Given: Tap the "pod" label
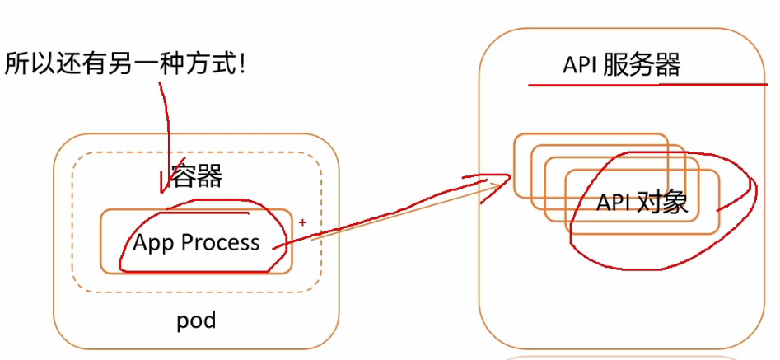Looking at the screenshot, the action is [196, 320].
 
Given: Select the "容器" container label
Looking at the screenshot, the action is [196, 175].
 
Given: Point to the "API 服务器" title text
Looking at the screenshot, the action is [621, 64].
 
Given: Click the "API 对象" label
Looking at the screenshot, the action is [642, 203].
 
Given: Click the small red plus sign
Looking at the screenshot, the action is [302, 222].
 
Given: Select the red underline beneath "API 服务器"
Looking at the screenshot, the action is [647, 85].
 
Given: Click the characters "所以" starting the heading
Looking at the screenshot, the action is [27, 64].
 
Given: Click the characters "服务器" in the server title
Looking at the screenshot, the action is [641, 64].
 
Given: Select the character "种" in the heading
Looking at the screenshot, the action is [175, 64].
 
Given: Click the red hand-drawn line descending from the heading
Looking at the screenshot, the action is [166, 138].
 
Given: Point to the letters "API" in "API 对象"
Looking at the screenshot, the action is [614, 203].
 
